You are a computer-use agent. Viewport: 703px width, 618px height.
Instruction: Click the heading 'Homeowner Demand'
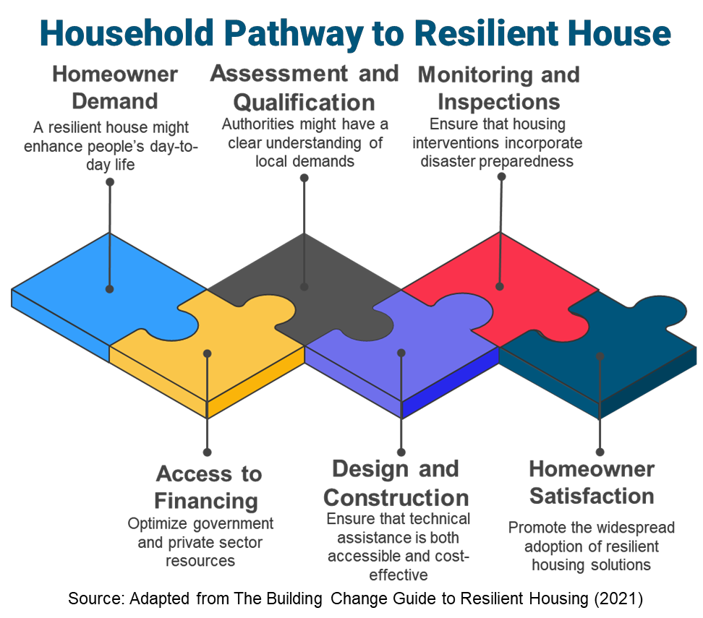point(115,88)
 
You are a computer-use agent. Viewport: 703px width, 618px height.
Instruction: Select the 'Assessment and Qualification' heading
point(304,88)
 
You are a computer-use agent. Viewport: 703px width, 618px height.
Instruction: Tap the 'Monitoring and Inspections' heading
point(498,88)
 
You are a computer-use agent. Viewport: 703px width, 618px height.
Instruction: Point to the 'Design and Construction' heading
point(396,483)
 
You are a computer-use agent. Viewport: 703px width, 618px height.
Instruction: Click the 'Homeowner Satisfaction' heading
point(592,483)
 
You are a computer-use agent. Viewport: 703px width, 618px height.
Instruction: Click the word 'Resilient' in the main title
point(486,33)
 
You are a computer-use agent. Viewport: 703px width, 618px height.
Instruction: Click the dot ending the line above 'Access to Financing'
point(207,452)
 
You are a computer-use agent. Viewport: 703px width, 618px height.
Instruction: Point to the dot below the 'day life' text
point(110,182)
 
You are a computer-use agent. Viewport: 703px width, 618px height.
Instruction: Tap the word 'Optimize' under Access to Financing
point(158,524)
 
